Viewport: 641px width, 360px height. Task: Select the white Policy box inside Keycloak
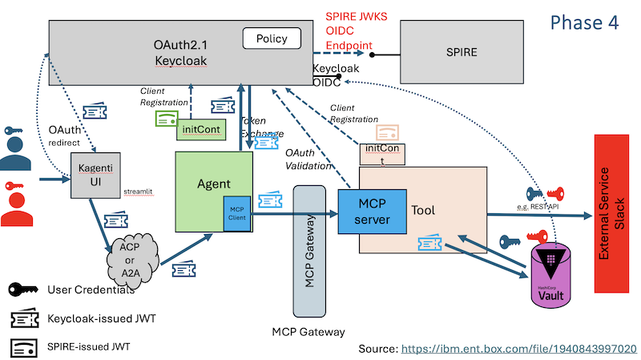coord(272,38)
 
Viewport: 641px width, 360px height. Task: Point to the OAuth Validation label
coord(306,158)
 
